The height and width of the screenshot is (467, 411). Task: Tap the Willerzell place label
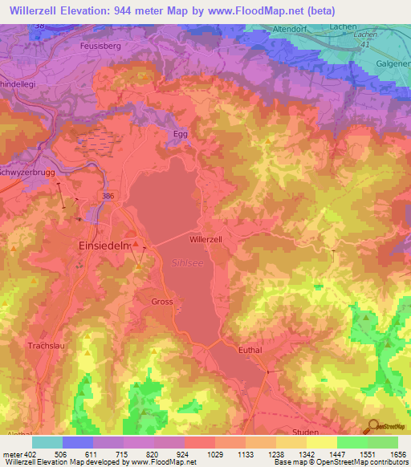(x=205, y=239)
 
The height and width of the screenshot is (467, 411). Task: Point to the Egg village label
(x=181, y=134)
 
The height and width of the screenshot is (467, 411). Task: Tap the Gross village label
(x=161, y=302)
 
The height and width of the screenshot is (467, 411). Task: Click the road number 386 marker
(x=108, y=195)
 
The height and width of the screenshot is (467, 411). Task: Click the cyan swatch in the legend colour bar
(x=47, y=442)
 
